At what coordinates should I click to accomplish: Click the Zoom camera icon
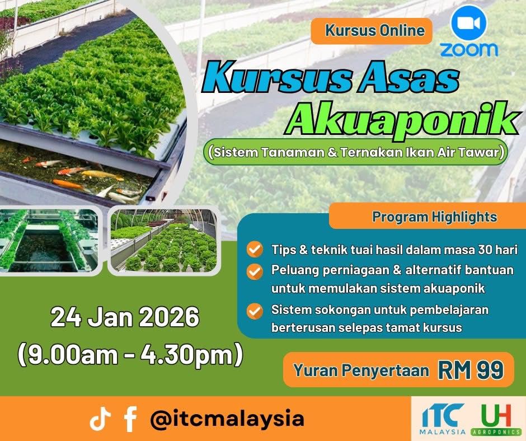(x=469, y=24)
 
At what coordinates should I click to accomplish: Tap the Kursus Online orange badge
(x=372, y=31)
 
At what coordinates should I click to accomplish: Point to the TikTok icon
(x=100, y=418)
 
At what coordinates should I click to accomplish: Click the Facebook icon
(x=130, y=419)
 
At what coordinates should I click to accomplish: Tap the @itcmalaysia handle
(x=227, y=419)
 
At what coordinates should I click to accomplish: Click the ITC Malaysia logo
(x=443, y=419)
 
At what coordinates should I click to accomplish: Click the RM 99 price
(x=471, y=370)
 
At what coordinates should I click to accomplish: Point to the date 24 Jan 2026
(x=125, y=317)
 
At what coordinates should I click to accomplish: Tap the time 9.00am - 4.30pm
(x=130, y=354)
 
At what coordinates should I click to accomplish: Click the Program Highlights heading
(x=434, y=217)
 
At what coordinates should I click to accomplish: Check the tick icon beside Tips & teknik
(x=255, y=250)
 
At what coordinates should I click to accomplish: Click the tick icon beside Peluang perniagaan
(x=255, y=271)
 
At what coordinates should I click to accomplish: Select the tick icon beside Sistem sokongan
(x=255, y=311)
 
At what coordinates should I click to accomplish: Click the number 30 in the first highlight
(x=485, y=250)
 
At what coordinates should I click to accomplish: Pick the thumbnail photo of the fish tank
(x=49, y=240)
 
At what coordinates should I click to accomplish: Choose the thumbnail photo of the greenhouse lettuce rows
(x=164, y=240)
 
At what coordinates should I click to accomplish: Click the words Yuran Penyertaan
(x=361, y=370)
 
